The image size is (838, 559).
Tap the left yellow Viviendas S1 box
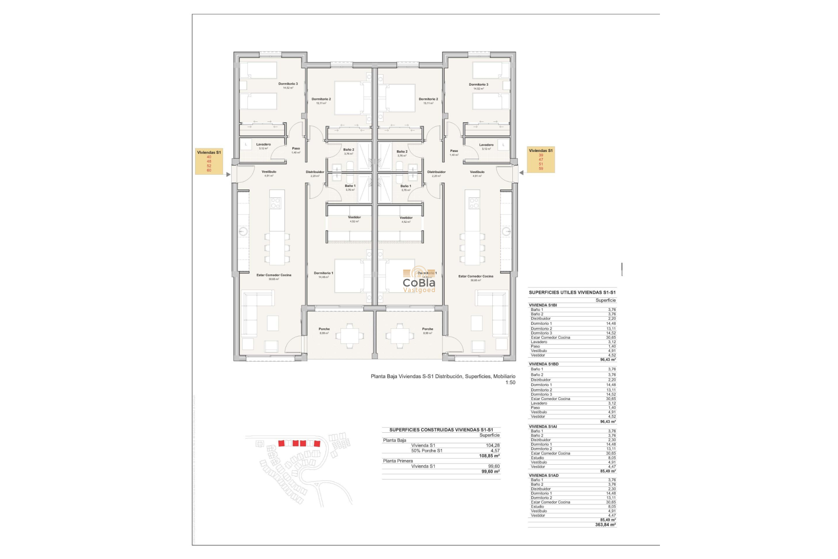coord(209,161)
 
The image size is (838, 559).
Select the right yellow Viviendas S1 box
coord(541,159)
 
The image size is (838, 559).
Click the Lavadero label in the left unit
coord(263,145)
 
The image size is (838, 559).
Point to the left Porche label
coord(324,329)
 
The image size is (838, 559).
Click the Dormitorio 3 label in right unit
coord(478,85)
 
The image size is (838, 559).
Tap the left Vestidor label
coord(354,217)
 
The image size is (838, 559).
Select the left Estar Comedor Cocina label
coord(274,275)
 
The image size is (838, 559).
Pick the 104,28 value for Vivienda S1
coord(492,445)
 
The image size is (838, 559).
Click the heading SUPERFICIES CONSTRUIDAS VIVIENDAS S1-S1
coord(441,430)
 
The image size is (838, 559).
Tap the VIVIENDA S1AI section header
coord(543,427)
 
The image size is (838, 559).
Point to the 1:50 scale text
coord(510,383)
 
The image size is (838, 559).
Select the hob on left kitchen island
coord(275,203)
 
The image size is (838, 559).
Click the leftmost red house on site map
coord(282,443)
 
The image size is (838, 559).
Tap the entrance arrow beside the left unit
coord(228,174)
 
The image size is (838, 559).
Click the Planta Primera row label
coord(398,461)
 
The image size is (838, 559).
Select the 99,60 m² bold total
coord(490,472)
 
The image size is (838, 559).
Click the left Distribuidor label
coord(315,172)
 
